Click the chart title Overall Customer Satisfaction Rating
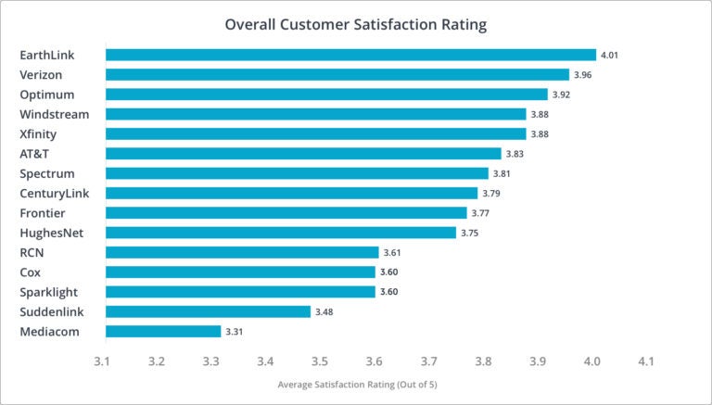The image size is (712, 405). (356, 24)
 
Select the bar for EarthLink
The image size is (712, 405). (350, 55)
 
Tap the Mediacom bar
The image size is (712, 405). (163, 331)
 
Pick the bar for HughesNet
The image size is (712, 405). (281, 233)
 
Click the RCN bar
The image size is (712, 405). (242, 252)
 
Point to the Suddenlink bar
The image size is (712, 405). (208, 311)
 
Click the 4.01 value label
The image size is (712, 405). (609, 55)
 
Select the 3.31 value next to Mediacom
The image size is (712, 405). (234, 331)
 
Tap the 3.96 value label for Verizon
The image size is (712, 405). (582, 74)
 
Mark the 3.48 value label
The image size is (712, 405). (324, 311)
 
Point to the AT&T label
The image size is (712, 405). (35, 154)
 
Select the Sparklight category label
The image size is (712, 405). (50, 292)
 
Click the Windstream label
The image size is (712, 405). (55, 114)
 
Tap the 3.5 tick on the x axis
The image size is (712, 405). (320, 361)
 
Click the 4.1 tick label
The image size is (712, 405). (645, 361)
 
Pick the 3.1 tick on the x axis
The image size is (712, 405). (102, 361)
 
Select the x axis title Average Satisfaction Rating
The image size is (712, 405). (357, 384)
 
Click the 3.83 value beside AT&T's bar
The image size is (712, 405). (515, 154)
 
